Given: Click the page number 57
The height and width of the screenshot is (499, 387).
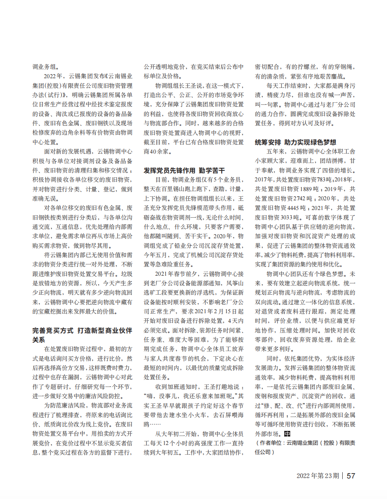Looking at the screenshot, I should point(351,476).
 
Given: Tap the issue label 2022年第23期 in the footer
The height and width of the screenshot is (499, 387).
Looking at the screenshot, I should point(318,476).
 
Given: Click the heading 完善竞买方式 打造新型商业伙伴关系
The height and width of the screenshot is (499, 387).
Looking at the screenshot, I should point(82,335).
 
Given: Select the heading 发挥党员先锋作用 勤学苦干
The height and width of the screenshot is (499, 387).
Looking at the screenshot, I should point(184,170).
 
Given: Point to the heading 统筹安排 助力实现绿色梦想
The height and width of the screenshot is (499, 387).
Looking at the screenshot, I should point(295,142).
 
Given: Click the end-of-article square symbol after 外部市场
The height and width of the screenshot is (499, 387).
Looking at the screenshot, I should point(287,434).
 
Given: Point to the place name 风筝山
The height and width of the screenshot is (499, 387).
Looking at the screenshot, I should point(235,283).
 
